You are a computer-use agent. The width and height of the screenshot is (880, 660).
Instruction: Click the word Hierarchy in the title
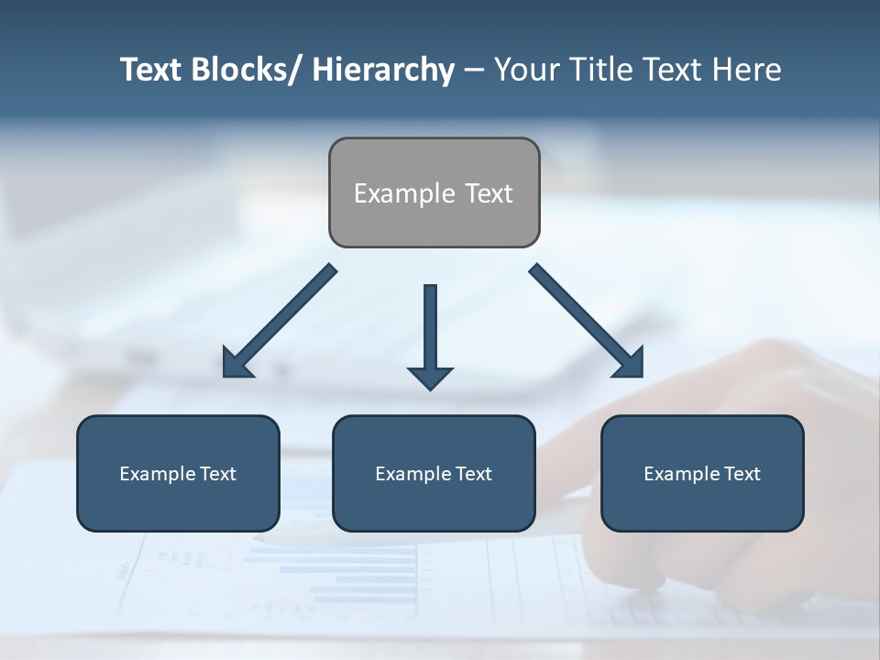[x=383, y=70]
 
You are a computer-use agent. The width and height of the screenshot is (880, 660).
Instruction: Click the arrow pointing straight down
[x=430, y=330]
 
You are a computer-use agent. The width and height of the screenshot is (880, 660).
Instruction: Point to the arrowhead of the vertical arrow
[x=430, y=377]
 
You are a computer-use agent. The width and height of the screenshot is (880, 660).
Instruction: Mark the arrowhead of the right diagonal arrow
[x=631, y=363]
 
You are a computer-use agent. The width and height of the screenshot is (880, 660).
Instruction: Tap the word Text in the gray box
[x=489, y=193]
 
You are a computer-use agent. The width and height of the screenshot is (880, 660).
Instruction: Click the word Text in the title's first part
[x=152, y=70]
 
